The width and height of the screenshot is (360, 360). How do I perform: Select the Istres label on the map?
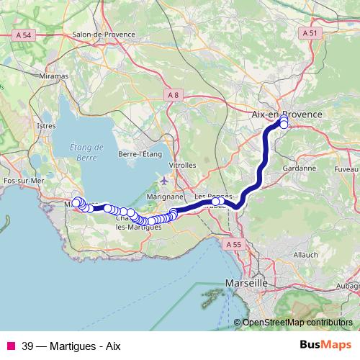46,125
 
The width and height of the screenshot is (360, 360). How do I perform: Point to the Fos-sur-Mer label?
24,181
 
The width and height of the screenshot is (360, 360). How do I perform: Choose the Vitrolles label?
182,165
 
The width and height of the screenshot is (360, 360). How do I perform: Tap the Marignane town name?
165,196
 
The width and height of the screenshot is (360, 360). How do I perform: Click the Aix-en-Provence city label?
287,114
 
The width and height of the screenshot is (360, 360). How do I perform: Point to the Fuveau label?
347,168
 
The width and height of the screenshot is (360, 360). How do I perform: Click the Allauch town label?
305,255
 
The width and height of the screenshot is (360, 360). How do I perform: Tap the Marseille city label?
247,283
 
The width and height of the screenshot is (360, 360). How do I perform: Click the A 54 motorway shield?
24,35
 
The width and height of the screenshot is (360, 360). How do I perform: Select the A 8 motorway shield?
172,95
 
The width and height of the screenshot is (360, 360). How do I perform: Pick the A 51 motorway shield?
309,33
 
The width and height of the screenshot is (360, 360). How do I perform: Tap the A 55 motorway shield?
233,245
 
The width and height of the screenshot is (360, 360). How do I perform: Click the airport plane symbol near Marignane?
165,180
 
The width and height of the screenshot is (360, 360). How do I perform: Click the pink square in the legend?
11,345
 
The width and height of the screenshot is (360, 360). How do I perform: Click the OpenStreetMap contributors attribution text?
297,323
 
